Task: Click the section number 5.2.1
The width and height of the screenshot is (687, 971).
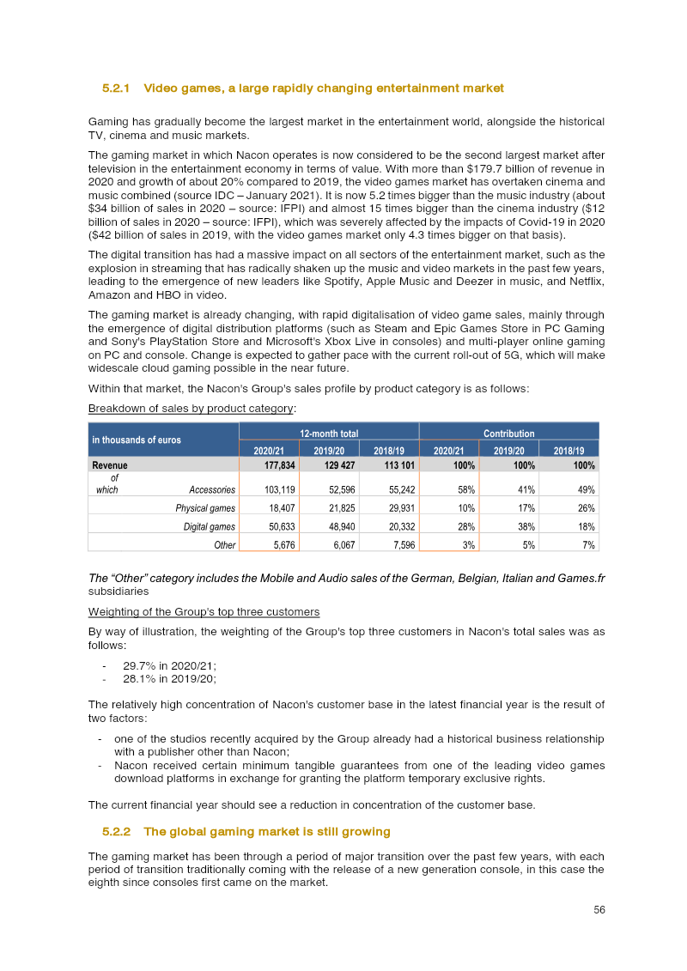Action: coord(115,88)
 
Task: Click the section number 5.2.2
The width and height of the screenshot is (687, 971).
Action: coord(115,832)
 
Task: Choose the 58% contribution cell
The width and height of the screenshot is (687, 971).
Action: coord(465,489)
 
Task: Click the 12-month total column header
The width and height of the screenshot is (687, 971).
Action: coord(329,434)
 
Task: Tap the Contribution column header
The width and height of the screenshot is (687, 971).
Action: coord(508,434)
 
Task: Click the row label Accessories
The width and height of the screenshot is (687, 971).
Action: coord(212,489)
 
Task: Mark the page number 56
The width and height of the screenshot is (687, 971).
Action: coord(599,910)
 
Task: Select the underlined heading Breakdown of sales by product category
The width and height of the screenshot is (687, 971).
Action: coord(192,408)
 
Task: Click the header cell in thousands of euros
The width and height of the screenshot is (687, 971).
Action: coord(137,440)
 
